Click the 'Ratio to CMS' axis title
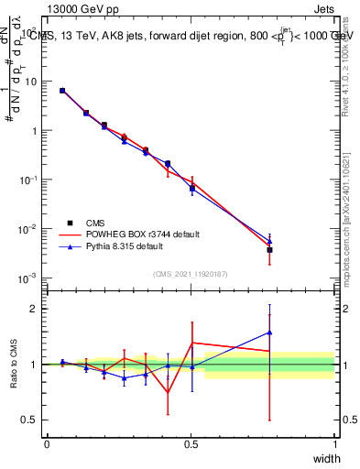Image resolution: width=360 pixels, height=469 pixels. [x=13, y=365]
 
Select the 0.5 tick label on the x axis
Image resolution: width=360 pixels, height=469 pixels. [x=191, y=444]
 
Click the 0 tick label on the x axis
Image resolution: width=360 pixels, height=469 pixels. [x=47, y=444]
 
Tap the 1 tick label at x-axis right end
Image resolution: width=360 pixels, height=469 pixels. [x=334, y=444]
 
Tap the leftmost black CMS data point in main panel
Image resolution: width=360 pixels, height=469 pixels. [x=62, y=91]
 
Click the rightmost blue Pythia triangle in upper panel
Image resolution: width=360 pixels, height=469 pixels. [x=269, y=241]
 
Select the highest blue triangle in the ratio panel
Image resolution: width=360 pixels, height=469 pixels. [x=269, y=333]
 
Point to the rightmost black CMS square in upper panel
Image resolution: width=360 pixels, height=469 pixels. [x=269, y=249]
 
